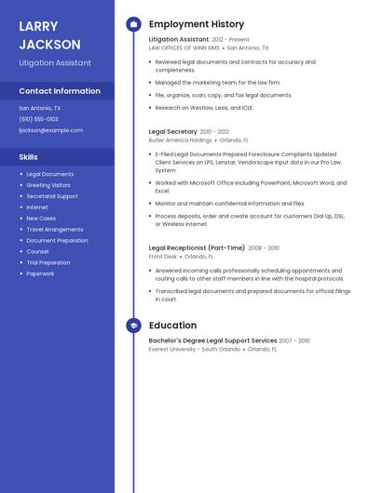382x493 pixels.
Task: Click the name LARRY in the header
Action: pyautogui.click(x=38, y=26)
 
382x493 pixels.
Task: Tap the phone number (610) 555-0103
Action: pyautogui.click(x=38, y=119)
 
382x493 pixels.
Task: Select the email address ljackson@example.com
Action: pyautogui.click(x=50, y=130)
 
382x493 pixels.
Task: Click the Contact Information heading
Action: pyautogui.click(x=60, y=91)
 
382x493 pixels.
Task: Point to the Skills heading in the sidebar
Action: pyautogui.click(x=28, y=157)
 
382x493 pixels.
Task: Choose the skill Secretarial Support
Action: pyautogui.click(x=52, y=196)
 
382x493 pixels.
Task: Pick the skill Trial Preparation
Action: pyautogui.click(x=48, y=262)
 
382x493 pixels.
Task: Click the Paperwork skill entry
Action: pyautogui.click(x=40, y=273)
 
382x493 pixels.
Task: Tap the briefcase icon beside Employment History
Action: pyautogui.click(x=133, y=24)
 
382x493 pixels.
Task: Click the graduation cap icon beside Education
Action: pyautogui.click(x=133, y=326)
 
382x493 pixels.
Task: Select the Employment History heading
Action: pyautogui.click(x=197, y=24)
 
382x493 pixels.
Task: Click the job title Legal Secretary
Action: pyautogui.click(x=173, y=132)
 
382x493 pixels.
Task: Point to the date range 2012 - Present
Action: pyautogui.click(x=230, y=40)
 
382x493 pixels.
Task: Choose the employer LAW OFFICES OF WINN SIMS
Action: pyautogui.click(x=184, y=47)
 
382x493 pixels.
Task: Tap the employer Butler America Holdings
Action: pyautogui.click(x=181, y=140)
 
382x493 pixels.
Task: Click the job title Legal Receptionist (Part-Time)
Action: pyautogui.click(x=197, y=248)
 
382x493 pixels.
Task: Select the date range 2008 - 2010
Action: pyautogui.click(x=264, y=248)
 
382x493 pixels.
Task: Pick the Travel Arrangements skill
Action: pyautogui.click(x=55, y=229)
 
